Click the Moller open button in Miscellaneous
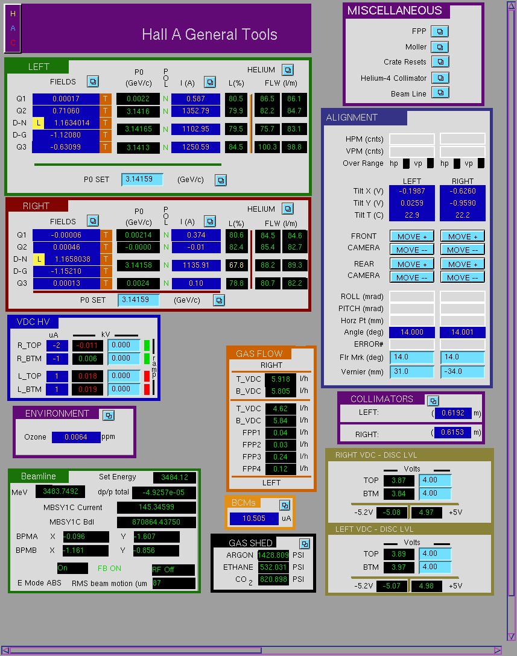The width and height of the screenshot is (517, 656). click(440, 47)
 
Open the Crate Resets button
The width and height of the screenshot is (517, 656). click(440, 62)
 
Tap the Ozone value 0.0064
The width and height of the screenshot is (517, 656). click(76, 437)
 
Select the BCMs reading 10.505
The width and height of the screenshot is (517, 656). click(254, 519)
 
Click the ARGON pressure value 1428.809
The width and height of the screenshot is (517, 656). click(273, 555)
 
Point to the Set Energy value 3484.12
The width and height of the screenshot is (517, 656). click(174, 478)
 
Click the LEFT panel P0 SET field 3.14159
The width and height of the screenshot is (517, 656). click(142, 180)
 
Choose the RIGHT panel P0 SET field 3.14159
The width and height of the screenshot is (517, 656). click(139, 300)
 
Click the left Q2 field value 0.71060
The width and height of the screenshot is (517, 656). click(66, 111)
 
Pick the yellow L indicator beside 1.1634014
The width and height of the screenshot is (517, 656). click(38, 123)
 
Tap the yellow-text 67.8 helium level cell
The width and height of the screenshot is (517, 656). click(236, 265)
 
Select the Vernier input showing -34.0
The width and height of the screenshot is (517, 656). click(463, 371)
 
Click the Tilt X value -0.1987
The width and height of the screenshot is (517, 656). click(412, 191)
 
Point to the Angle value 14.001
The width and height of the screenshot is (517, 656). click(463, 332)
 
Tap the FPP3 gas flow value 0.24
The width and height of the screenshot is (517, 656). click(281, 457)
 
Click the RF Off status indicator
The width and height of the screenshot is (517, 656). click(173, 569)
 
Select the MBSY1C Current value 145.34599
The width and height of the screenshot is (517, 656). click(157, 507)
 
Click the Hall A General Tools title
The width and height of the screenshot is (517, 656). click(210, 34)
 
